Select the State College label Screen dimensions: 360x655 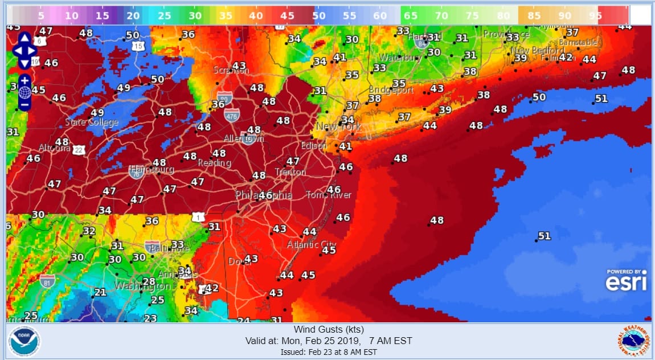pyautogui.click(x=92, y=122)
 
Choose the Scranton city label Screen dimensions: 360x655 pyautogui.click(x=231, y=70)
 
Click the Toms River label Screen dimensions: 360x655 pyautogui.click(x=329, y=195)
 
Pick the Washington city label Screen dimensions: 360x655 pyautogui.click(x=142, y=286)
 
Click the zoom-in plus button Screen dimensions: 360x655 pyautogui.click(x=24, y=80)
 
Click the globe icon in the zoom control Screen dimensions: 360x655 pyautogui.click(x=24, y=92)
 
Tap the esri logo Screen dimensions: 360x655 pyautogui.click(x=626, y=281)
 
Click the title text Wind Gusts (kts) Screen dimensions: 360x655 pyautogui.click(x=329, y=329)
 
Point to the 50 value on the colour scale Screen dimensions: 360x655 pyautogui.click(x=318, y=16)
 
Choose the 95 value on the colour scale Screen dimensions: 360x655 pyautogui.click(x=596, y=16)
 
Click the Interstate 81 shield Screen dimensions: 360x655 pyautogui.click(x=48, y=280)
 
